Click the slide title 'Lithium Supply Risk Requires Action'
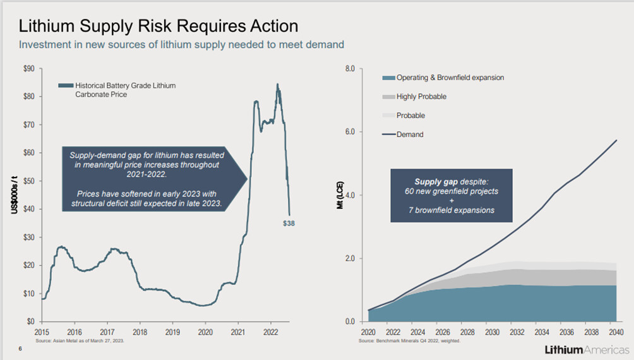[158, 27]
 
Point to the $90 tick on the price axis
[29, 68]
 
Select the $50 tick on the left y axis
[29, 181]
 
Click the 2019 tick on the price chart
[172, 332]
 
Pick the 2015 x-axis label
[42, 332]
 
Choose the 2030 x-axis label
[491, 332]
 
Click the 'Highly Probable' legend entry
[421, 97]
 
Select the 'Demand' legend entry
[410, 135]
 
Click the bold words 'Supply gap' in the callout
[434, 181]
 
